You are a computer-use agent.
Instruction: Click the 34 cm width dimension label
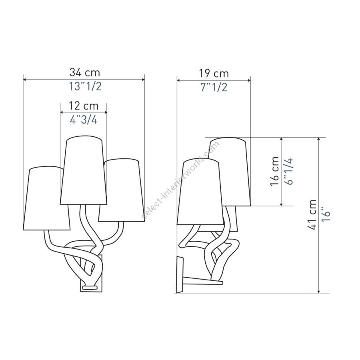click(85, 72)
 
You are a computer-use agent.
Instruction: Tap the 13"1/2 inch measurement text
click(85, 86)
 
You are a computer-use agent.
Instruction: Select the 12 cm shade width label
click(84, 106)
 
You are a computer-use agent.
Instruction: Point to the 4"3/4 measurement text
click(84, 120)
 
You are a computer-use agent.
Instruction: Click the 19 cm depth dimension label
click(214, 74)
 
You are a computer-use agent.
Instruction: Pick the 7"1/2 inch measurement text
click(214, 87)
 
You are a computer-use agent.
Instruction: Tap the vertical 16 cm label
click(274, 171)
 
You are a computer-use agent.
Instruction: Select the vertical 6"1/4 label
click(288, 171)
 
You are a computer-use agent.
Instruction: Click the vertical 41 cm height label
click(312, 214)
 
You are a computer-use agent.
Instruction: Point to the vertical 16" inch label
click(326, 214)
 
